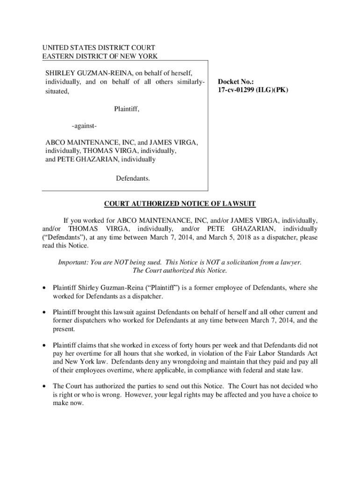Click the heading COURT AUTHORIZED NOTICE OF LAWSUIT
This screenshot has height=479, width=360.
click(x=180, y=203)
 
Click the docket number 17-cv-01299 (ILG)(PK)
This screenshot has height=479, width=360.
click(x=252, y=90)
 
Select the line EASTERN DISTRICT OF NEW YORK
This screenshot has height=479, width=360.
click(x=100, y=57)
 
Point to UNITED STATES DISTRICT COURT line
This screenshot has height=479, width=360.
click(x=99, y=48)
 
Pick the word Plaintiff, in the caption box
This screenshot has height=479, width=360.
click(x=127, y=109)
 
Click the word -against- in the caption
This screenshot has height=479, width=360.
click(x=84, y=127)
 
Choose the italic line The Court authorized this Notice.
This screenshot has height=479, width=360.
click(x=180, y=270)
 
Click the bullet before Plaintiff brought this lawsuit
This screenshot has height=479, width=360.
click(x=44, y=312)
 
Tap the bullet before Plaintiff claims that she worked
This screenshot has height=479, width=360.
click(x=44, y=345)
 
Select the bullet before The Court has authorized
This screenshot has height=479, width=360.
click(x=44, y=386)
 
